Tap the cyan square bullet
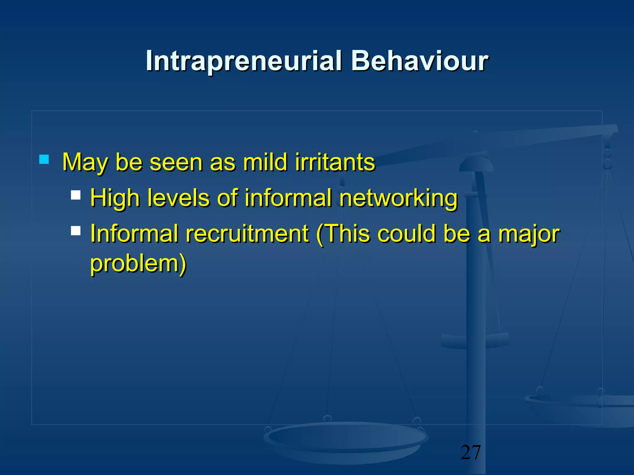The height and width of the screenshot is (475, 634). point(44,160)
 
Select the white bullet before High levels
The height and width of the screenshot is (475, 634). point(76,195)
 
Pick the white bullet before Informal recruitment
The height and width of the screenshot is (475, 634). point(76,231)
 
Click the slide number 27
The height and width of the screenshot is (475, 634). point(471,452)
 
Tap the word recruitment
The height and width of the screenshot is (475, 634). point(247,233)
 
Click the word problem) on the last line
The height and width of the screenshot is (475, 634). point(138,263)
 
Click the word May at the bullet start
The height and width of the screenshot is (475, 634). point(85,163)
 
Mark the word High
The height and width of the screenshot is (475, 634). point(115,199)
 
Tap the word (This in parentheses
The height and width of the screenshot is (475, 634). point(343,234)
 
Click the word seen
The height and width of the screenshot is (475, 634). point(176,163)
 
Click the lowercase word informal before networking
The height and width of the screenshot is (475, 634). point(288,198)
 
